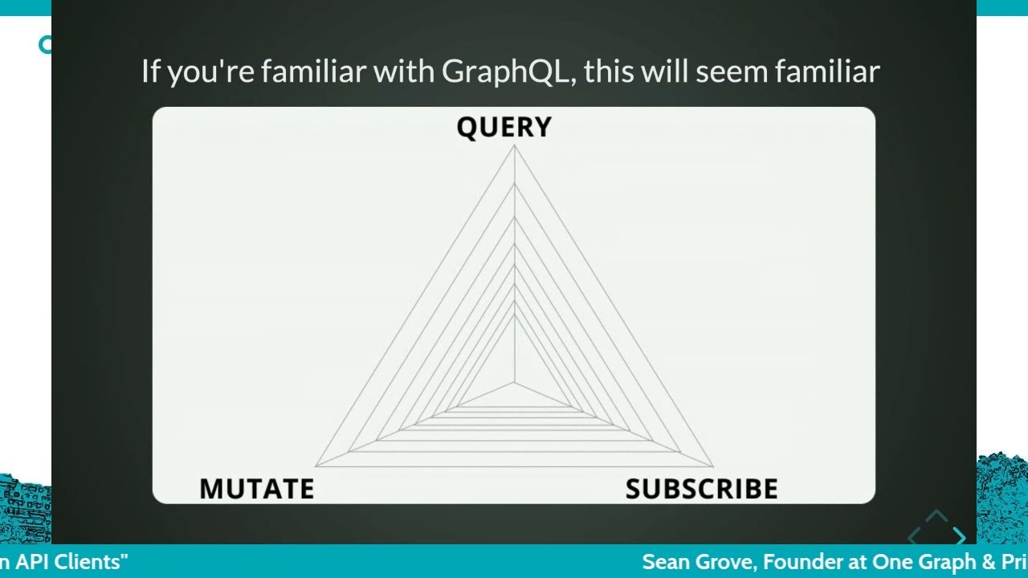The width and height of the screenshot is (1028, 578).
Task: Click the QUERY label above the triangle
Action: [504, 127]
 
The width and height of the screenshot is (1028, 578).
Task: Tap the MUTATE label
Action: [256, 489]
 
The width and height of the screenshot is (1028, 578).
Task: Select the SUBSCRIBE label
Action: [701, 489]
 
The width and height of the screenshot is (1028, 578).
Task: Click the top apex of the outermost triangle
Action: [514, 146]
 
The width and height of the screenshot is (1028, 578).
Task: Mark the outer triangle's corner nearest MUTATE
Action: [316, 466]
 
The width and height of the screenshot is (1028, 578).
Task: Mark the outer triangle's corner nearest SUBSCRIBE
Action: [712, 466]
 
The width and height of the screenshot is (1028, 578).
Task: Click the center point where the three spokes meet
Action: [514, 383]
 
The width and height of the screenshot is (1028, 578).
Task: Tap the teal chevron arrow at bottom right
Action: [958, 536]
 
